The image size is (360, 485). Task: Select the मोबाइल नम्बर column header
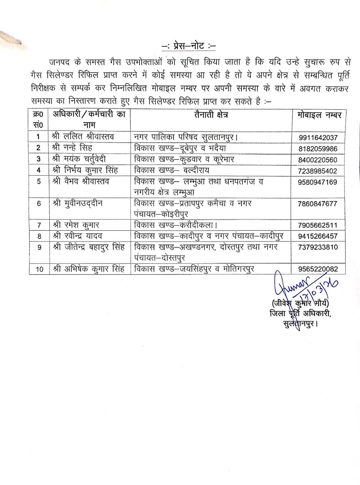tap(319, 115)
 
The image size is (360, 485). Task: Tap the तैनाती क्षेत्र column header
tap(211, 115)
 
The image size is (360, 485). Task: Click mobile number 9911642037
tap(318, 138)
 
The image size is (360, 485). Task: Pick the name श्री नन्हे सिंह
tap(72, 148)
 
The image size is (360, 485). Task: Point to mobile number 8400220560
tap(318, 160)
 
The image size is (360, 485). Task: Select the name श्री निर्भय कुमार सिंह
tap(85, 170)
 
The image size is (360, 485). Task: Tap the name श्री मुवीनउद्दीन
tap(77, 203)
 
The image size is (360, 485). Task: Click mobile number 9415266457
tap(318, 236)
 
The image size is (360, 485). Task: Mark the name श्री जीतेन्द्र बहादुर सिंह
tap(88, 247)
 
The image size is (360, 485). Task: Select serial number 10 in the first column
tap(39, 269)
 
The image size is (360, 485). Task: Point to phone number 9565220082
tap(318, 269)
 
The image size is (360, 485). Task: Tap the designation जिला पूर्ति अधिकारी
tap(300, 313)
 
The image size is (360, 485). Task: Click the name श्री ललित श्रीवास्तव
tap(83, 137)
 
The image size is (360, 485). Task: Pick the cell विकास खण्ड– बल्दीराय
tap(172, 170)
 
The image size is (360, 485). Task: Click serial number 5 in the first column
tap(39, 181)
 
